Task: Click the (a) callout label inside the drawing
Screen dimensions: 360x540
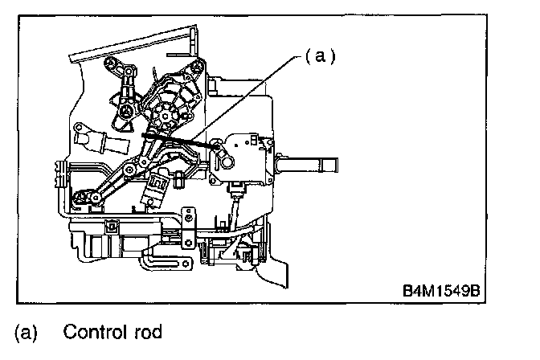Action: (x=320, y=57)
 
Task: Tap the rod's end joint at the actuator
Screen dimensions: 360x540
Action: (x=217, y=145)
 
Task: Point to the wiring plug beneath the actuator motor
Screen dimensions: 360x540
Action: (x=235, y=191)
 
